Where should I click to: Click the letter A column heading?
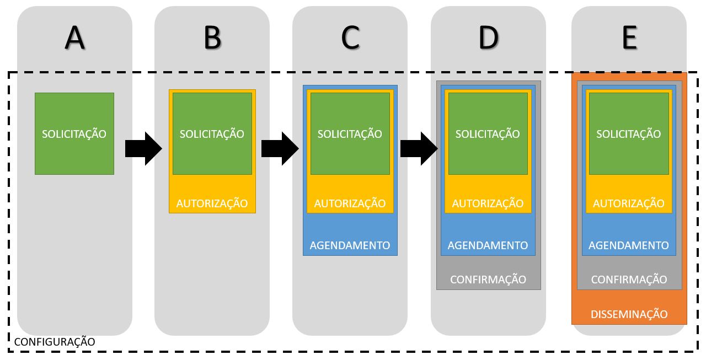pos(74,37)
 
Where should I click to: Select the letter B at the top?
pos(212,37)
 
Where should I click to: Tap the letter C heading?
pos(350,37)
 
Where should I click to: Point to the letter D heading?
pos(488,37)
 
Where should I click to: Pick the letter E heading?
pos(629,37)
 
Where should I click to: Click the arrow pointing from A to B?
pos(143,148)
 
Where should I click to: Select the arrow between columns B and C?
pos(279,148)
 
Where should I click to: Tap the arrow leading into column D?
pos(418,148)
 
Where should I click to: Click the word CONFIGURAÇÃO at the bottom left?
pos(54,342)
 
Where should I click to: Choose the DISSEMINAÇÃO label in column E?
pos(629,314)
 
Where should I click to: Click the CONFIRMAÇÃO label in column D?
pos(488,280)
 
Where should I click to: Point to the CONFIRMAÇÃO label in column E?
pos(629,280)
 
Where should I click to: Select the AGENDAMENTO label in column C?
pos(350,245)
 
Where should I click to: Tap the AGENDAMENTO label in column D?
pos(488,245)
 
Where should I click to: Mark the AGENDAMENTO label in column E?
pos(629,245)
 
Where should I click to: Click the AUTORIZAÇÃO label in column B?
pos(212,203)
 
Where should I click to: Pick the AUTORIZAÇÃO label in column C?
pos(350,203)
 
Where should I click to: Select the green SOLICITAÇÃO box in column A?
pos(74,133)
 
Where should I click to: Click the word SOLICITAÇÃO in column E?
pos(629,134)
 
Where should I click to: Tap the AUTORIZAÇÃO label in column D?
pos(488,203)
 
